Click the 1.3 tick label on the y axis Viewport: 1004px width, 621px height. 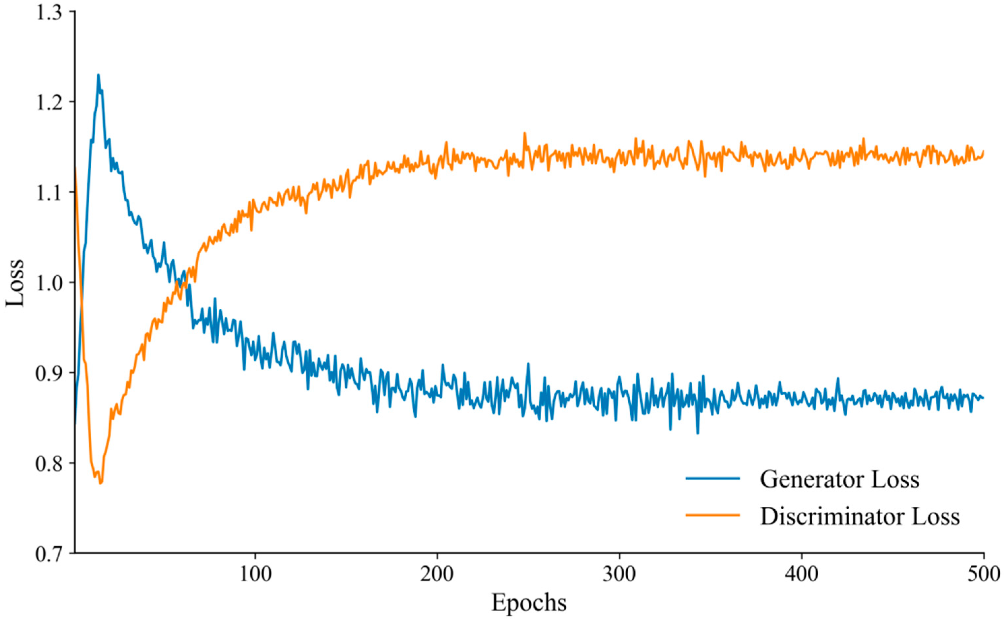click(50, 12)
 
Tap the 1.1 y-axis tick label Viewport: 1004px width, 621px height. click(50, 193)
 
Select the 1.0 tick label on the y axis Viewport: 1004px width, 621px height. click(50, 283)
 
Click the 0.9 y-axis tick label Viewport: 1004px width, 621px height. click(50, 373)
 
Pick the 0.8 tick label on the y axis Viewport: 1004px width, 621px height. click(50, 463)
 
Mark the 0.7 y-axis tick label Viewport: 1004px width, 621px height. click(50, 553)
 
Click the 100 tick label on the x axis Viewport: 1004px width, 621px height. click(255, 574)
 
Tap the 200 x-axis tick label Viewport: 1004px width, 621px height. click(437, 574)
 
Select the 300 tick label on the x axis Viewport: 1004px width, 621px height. click(619, 574)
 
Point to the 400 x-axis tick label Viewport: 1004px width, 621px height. click(802, 574)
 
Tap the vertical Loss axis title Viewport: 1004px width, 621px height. click(15, 283)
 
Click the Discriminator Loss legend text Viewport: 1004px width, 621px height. click(860, 516)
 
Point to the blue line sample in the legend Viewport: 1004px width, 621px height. click(712, 478)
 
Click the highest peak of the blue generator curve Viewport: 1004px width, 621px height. click(98, 75)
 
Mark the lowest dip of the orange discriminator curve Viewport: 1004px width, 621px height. click(100, 483)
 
